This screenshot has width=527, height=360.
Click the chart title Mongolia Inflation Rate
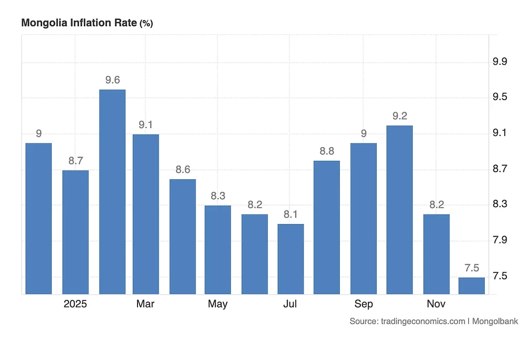(79, 23)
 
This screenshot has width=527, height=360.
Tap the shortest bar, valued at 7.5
(472, 285)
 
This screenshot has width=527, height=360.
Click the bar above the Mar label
(145, 213)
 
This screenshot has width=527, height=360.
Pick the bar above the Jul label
(290, 258)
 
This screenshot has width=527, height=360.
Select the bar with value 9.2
(399, 209)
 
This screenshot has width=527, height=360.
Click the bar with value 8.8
(327, 227)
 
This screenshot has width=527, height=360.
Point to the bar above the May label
(218, 249)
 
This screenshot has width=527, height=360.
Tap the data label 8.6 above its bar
(182, 170)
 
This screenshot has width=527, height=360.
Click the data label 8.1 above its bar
(290, 215)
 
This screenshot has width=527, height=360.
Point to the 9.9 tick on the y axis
(500, 62)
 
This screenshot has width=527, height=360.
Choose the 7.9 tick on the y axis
(500, 240)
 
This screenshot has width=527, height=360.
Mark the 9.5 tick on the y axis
(500, 98)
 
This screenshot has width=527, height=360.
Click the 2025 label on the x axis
(75, 304)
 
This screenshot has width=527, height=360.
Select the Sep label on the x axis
(363, 304)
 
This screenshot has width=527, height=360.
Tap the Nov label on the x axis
(436, 304)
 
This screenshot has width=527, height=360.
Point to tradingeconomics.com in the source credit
(423, 321)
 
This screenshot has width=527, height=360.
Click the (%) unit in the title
(146, 24)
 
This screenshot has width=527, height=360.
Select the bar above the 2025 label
(75, 232)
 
